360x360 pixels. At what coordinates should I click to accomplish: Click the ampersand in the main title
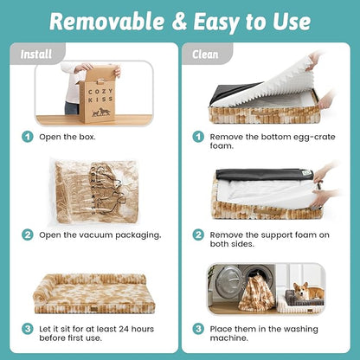pos(180,22)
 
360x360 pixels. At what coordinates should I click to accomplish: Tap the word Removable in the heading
pos(106,22)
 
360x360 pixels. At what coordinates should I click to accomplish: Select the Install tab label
pos(36,55)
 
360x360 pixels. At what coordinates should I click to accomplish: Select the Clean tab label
pos(205,55)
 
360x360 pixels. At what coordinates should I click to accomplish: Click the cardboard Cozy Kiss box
pos(96,95)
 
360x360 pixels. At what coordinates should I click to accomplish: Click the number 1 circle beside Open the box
pos(28,137)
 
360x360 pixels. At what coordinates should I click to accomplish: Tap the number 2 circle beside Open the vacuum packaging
pos(28,235)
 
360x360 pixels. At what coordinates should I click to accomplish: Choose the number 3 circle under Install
pos(28,329)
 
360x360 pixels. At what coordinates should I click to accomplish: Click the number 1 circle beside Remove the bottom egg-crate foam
pos(198,137)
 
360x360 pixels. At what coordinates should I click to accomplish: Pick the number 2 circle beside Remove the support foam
pos(198,235)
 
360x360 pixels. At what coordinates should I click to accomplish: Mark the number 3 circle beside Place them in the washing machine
pos(198,329)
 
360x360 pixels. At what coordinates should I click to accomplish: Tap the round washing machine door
pos(228,280)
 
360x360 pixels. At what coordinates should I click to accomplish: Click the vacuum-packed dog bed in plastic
pos(93,192)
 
